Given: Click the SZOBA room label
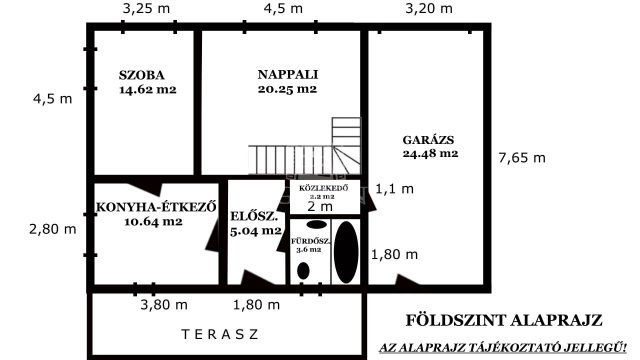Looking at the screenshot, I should [x=140, y=75].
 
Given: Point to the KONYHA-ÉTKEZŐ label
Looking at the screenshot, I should [x=156, y=207].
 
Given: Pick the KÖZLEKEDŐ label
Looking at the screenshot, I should [x=323, y=189].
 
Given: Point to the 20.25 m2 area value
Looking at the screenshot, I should [x=287, y=89].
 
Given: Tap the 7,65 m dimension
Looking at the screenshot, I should [x=521, y=158].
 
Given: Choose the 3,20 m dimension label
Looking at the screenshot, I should [x=428, y=9].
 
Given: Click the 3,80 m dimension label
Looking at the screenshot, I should [x=163, y=304].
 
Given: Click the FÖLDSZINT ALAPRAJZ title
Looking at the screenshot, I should [x=503, y=321].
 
